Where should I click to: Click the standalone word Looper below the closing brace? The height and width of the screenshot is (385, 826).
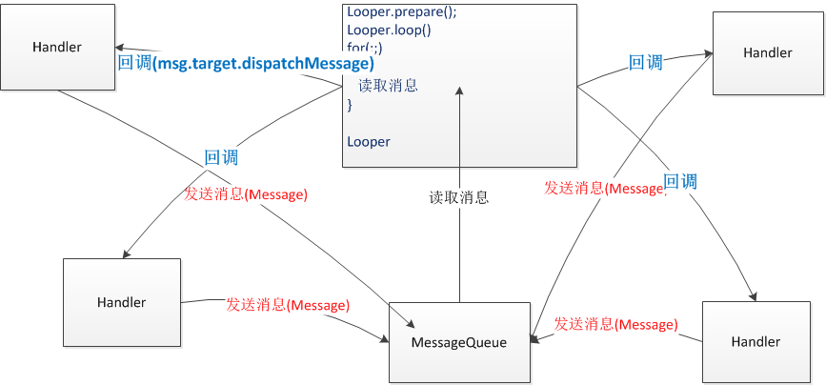tap(369, 142)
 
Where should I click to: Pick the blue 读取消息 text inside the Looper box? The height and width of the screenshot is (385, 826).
tap(388, 86)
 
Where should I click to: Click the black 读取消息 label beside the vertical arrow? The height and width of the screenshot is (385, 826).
tap(458, 198)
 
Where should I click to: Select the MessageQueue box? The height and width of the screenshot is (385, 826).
tap(459, 342)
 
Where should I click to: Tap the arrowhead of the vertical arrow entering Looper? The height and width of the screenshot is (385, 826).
tap(459, 92)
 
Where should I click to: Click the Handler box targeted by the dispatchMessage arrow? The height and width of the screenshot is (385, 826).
tap(57, 48)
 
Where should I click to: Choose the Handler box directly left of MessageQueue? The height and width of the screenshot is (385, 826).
tap(121, 303)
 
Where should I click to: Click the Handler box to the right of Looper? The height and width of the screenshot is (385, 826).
tap(767, 53)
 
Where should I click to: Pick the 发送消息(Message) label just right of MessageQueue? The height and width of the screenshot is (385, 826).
tap(615, 324)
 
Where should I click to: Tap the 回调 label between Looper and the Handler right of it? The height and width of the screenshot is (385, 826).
tap(645, 63)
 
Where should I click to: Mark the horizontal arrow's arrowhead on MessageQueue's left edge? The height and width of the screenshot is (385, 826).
tap(384, 337)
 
